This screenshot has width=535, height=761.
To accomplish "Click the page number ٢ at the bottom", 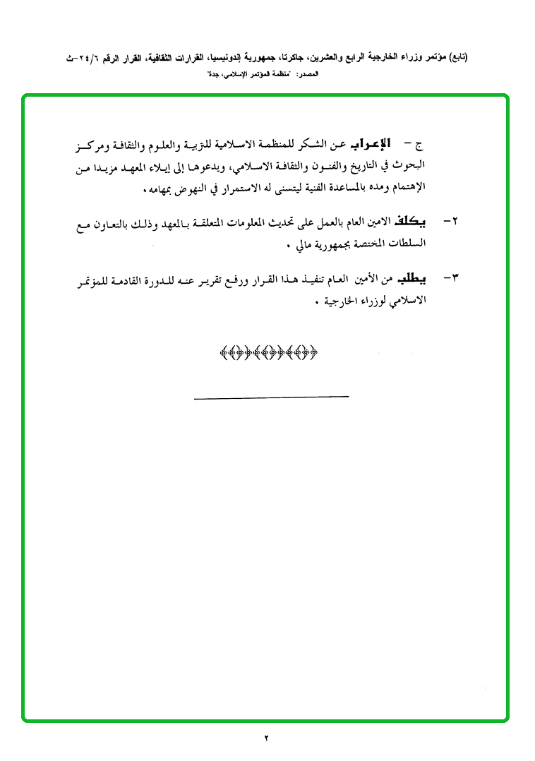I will tap(267, 738).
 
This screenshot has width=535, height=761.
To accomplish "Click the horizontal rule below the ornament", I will tap(271, 397).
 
